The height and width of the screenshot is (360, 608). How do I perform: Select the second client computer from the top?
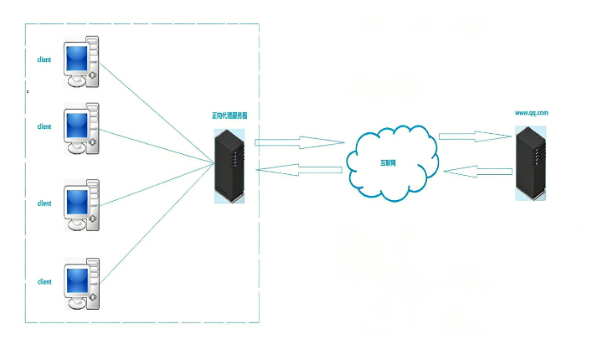pyautogui.click(x=82, y=129)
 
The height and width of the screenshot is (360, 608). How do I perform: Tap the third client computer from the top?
pyautogui.click(x=82, y=205)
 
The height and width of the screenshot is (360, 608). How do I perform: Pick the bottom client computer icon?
pyautogui.click(x=82, y=284)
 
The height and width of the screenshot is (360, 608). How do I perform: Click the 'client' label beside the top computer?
pyautogui.click(x=44, y=60)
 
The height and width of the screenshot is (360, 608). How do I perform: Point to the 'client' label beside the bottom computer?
pyautogui.click(x=44, y=282)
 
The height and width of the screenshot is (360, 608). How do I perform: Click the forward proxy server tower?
pyautogui.click(x=229, y=167)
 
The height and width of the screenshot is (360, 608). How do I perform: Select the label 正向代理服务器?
pyautogui.click(x=229, y=115)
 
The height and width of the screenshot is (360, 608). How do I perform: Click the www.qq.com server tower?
pyautogui.click(x=532, y=162)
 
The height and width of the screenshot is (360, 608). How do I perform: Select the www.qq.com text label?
pyautogui.click(x=531, y=112)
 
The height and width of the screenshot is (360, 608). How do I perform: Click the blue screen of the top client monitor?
pyautogui.click(x=78, y=59)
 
